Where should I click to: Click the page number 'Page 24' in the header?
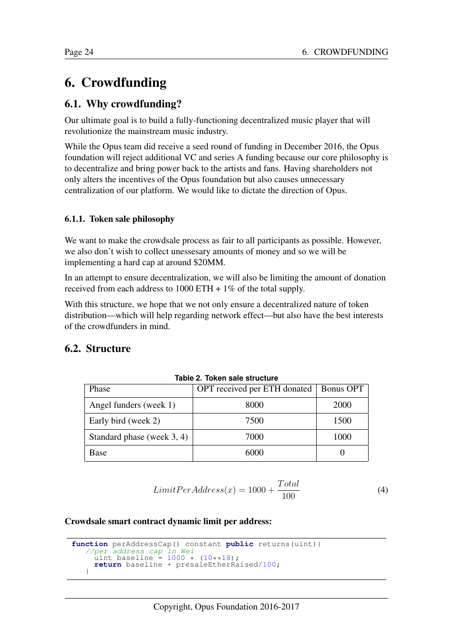(x=79, y=52)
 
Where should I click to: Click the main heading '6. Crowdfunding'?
(x=115, y=83)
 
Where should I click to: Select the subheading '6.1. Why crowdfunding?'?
(x=123, y=104)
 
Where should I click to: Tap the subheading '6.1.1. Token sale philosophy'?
(x=119, y=219)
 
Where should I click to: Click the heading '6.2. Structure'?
(x=97, y=349)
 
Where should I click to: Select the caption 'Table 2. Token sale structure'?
(x=226, y=378)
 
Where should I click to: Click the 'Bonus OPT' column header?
(x=342, y=389)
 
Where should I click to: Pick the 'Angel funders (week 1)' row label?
(x=132, y=405)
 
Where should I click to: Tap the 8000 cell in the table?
(x=254, y=405)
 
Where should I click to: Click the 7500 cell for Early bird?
(x=254, y=421)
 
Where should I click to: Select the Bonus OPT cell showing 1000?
(x=342, y=437)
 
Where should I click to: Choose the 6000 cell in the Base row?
(x=254, y=453)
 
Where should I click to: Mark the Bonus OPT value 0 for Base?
(x=342, y=453)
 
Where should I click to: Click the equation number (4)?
(x=382, y=490)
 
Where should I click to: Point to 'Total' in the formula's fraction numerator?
(x=288, y=484)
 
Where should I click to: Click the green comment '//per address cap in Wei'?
(x=140, y=551)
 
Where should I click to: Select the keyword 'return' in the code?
(x=108, y=565)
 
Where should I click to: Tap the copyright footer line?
(x=226, y=607)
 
